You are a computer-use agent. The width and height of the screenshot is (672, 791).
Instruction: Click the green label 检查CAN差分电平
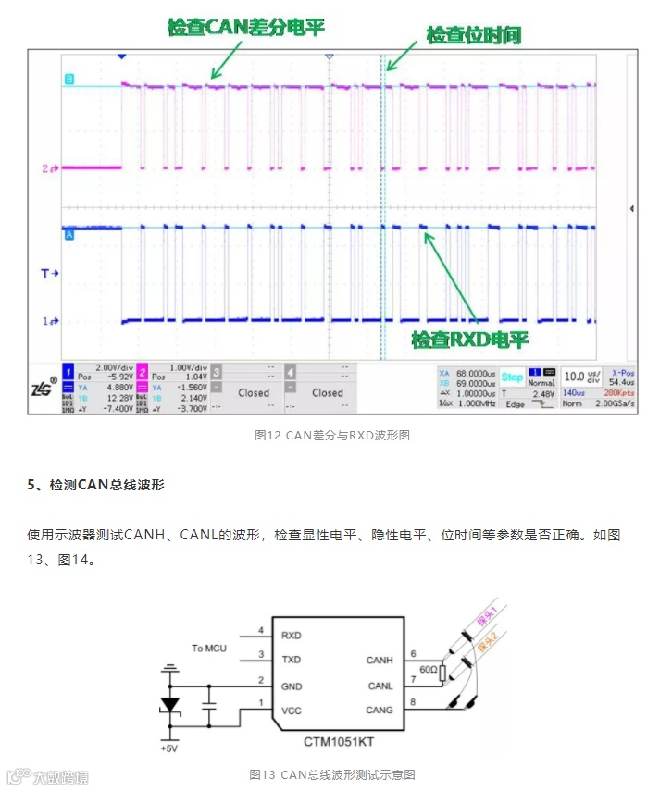point(246,27)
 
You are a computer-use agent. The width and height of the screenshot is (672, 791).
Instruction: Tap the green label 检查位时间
point(473,36)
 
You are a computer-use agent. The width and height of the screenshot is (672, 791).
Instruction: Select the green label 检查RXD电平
point(469,340)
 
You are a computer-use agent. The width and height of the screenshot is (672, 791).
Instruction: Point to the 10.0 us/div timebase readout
point(580,377)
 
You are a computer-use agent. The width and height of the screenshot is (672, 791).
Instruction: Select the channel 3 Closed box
point(253,392)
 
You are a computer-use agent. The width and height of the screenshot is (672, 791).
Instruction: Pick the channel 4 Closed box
point(327,392)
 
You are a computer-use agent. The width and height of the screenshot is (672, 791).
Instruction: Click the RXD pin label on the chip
point(291,636)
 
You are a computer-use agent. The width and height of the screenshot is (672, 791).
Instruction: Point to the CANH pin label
point(380,660)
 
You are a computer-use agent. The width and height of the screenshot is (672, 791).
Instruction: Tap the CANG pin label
point(380,711)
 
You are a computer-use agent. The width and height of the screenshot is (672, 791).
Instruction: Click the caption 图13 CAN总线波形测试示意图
point(332,773)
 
